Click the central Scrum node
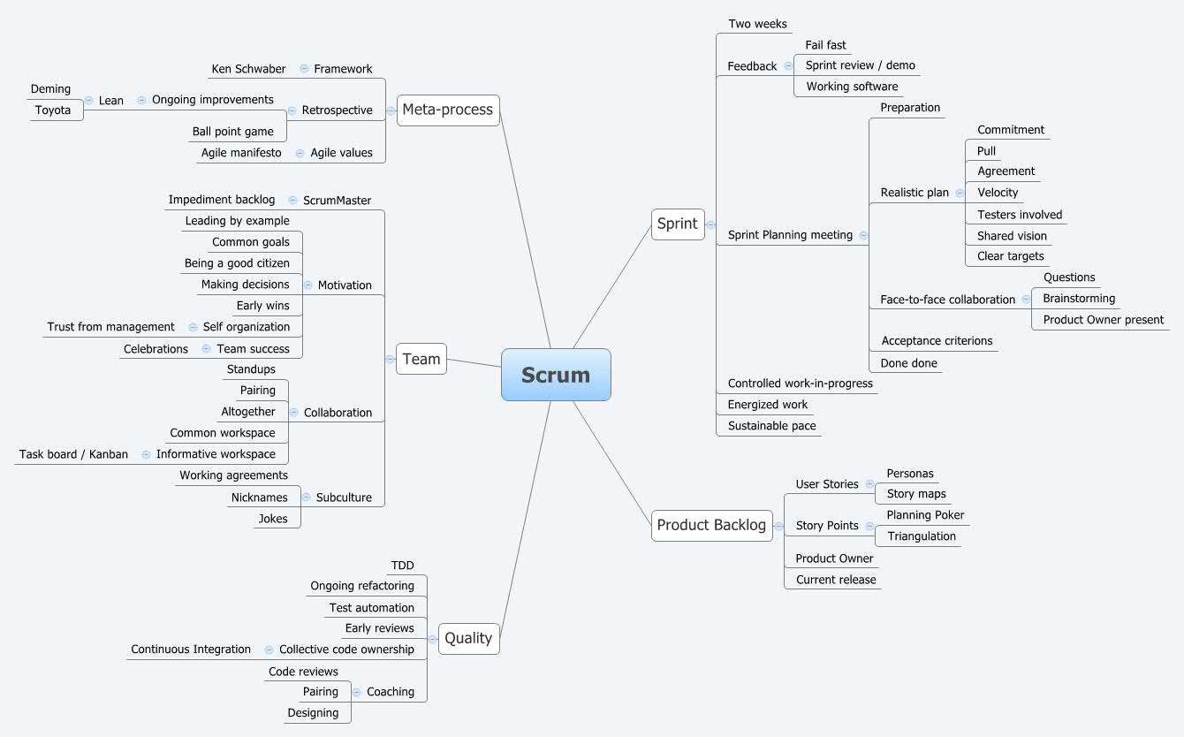point(556,375)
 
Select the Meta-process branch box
point(448,110)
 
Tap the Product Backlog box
point(711,525)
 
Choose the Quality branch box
point(468,638)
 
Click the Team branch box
point(421,359)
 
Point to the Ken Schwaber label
point(248,69)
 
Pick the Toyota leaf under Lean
point(53,110)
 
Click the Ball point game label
point(233,132)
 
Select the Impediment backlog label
point(222,200)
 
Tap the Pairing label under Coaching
point(321,692)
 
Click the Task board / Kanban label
point(73,454)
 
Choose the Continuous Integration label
point(191,650)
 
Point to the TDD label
point(402,566)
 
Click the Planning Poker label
point(925,515)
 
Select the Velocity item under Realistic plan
point(998,193)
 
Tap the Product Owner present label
point(1103,320)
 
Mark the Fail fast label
point(825,45)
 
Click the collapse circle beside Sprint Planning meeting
point(863,235)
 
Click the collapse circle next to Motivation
point(308,285)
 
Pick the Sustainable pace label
point(771,426)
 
